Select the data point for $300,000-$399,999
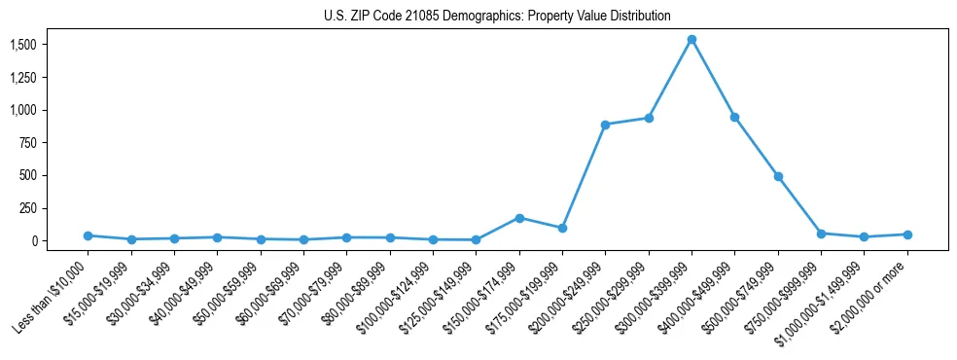(691, 40)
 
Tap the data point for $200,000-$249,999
(605, 125)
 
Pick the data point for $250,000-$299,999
(649, 118)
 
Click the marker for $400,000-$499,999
(734, 117)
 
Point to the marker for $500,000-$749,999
(778, 176)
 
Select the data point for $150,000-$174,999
(519, 218)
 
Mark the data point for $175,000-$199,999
(562, 228)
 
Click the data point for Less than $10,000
(89, 235)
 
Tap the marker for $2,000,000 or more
(906, 234)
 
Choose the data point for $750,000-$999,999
(821, 234)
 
